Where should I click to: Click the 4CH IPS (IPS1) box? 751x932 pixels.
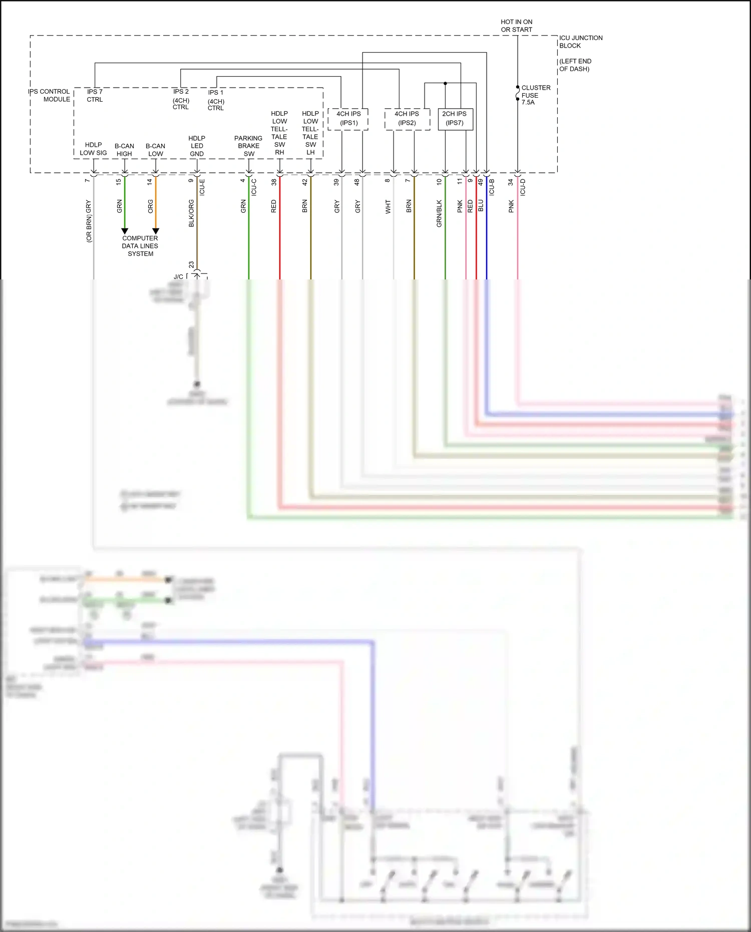pos(348,119)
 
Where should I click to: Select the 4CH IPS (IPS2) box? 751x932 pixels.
pos(407,119)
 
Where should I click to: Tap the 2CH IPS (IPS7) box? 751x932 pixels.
pos(455,119)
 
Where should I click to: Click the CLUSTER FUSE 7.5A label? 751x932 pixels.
pos(535,95)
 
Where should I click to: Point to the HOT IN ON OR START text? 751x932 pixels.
pos(516,26)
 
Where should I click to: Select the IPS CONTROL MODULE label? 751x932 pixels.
pos(50,95)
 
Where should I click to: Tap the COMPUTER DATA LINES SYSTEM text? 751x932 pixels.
pos(140,246)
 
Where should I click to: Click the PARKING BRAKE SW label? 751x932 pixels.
pos(248,146)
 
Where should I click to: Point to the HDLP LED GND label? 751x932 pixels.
pos(197,146)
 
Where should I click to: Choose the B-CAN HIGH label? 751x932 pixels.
pos(124,150)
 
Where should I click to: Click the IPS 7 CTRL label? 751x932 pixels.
pos(95,95)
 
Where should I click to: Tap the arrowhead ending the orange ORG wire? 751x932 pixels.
pos(156,231)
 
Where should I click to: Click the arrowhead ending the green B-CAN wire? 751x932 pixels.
pos(125,231)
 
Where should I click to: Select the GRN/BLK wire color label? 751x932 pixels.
pos(439,214)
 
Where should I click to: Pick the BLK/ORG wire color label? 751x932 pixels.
pos(191,213)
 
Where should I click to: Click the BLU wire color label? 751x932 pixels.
pos(481,206)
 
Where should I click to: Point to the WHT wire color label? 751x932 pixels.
pos(388,207)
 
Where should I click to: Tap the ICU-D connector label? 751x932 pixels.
pos(523,187)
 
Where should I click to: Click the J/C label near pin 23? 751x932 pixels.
pos(178,277)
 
